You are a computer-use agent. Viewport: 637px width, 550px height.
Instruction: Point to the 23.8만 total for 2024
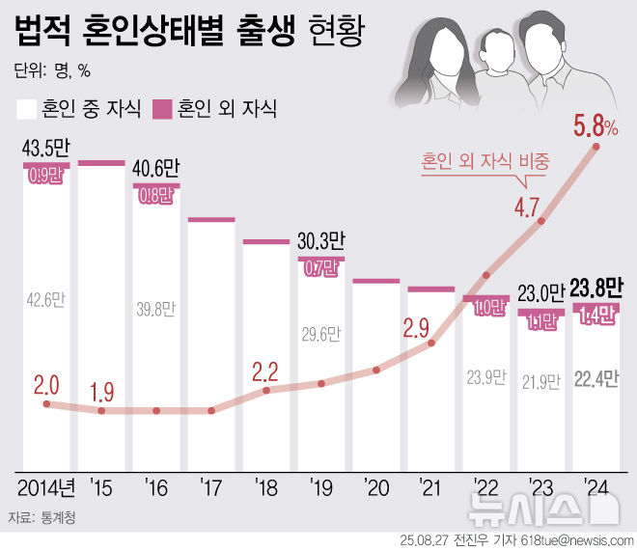click(x=595, y=289)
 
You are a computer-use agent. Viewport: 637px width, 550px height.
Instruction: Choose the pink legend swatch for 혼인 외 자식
click(x=162, y=107)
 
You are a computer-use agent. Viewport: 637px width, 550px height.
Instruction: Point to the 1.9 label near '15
click(x=100, y=393)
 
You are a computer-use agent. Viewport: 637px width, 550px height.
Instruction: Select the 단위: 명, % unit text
click(x=52, y=70)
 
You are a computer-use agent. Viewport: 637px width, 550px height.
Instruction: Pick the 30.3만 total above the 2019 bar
click(x=320, y=241)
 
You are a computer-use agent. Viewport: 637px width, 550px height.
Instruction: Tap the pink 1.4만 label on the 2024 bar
click(x=595, y=313)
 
